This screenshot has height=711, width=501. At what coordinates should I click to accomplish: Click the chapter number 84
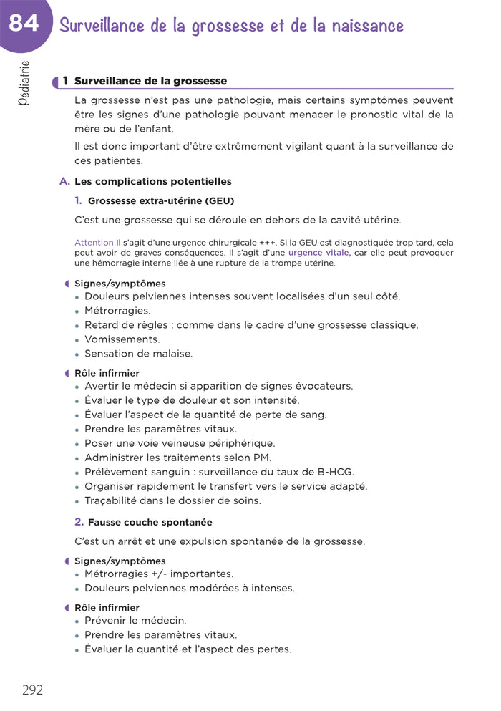point(24,24)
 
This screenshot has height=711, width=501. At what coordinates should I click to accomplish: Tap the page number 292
point(32,690)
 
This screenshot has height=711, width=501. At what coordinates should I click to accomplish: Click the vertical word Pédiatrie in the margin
point(24,83)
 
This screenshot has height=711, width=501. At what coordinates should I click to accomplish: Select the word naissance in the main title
point(366,26)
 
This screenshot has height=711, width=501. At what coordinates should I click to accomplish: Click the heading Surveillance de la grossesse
point(150,81)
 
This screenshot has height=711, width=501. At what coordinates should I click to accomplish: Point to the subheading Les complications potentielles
point(152,181)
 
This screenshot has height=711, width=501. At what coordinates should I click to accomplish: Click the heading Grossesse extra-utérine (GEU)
point(160,200)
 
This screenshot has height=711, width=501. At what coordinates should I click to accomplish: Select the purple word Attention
point(94,243)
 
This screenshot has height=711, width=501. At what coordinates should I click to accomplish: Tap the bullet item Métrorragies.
point(117,311)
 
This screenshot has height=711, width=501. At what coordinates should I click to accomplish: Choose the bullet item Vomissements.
point(122,339)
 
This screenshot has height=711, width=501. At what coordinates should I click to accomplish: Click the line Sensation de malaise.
point(138,354)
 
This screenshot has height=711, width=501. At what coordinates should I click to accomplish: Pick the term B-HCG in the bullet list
point(334,472)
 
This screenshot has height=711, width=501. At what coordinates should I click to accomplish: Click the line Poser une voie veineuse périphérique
point(179,443)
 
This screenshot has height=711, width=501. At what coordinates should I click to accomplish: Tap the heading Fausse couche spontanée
point(150,522)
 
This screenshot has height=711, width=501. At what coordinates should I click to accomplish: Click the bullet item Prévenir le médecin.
point(135,620)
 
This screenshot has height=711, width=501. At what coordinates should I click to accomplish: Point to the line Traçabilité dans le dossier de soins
point(172,500)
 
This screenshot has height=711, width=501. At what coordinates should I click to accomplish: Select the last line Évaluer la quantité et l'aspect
point(188,649)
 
